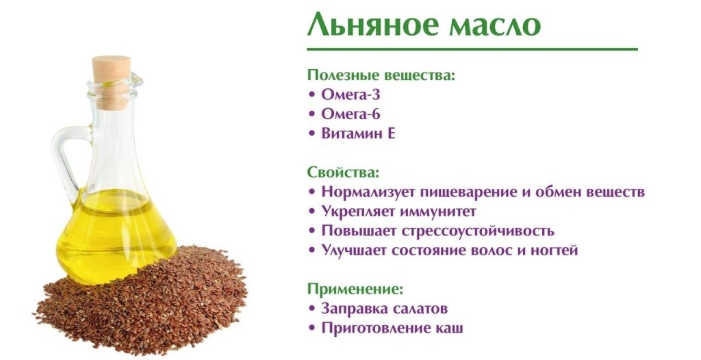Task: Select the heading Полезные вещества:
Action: point(381,75)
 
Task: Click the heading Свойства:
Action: point(344,172)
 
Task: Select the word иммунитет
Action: point(438,211)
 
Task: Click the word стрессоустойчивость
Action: point(478,231)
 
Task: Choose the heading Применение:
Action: point(355,289)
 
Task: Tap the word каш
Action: point(449,329)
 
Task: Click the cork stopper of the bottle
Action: point(112,82)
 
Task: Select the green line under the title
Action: point(472,49)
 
